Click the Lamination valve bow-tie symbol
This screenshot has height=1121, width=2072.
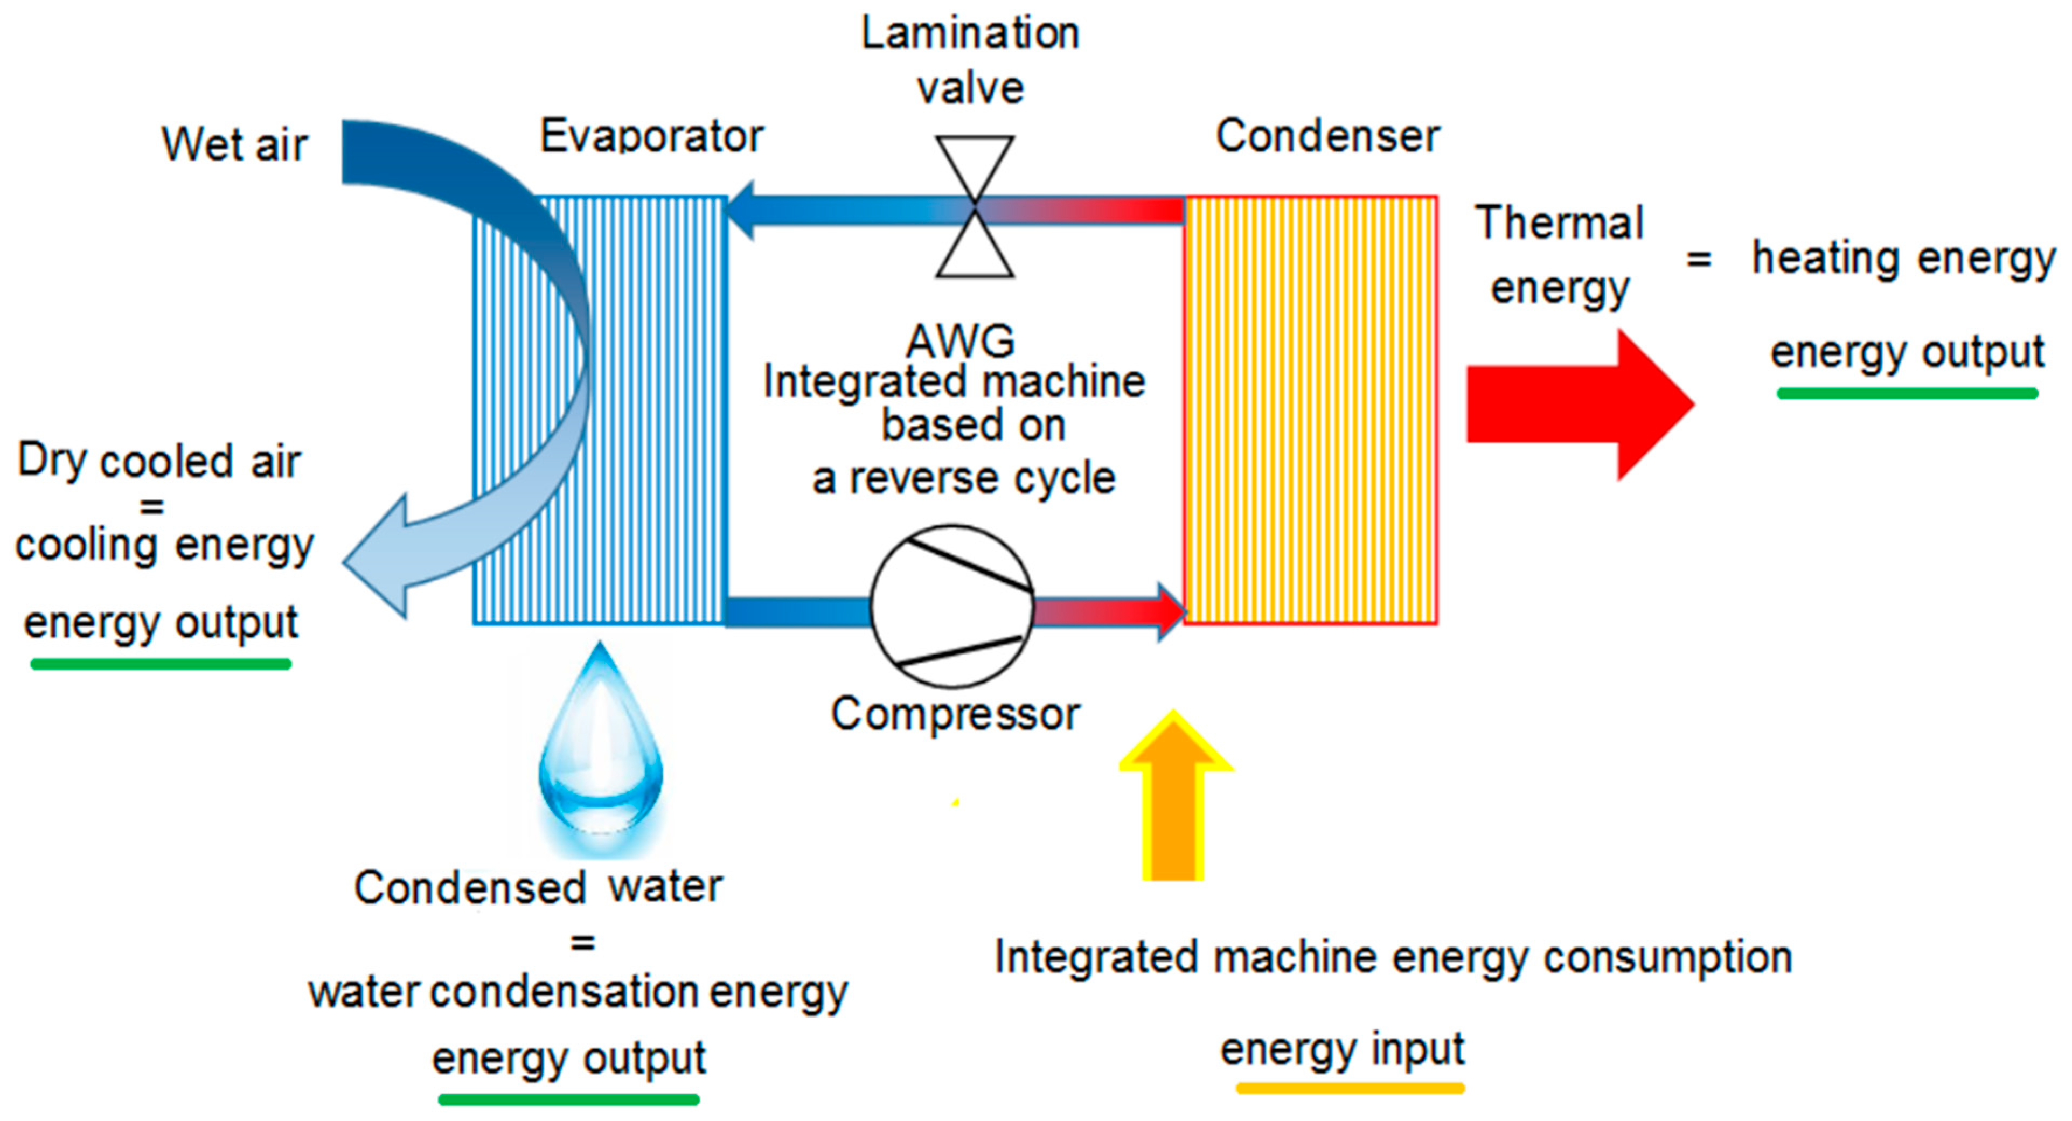[x=974, y=207]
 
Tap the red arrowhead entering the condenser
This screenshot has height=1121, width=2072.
[x=1170, y=612]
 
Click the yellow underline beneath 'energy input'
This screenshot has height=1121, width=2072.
[x=1350, y=1088]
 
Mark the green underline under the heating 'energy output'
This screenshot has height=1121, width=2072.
[x=1907, y=393]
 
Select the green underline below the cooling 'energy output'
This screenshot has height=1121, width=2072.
[x=161, y=664]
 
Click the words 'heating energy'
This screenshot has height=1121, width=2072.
[x=1903, y=259]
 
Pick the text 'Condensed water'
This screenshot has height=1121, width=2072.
[x=538, y=888]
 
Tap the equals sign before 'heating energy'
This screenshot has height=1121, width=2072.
[x=1699, y=259]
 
